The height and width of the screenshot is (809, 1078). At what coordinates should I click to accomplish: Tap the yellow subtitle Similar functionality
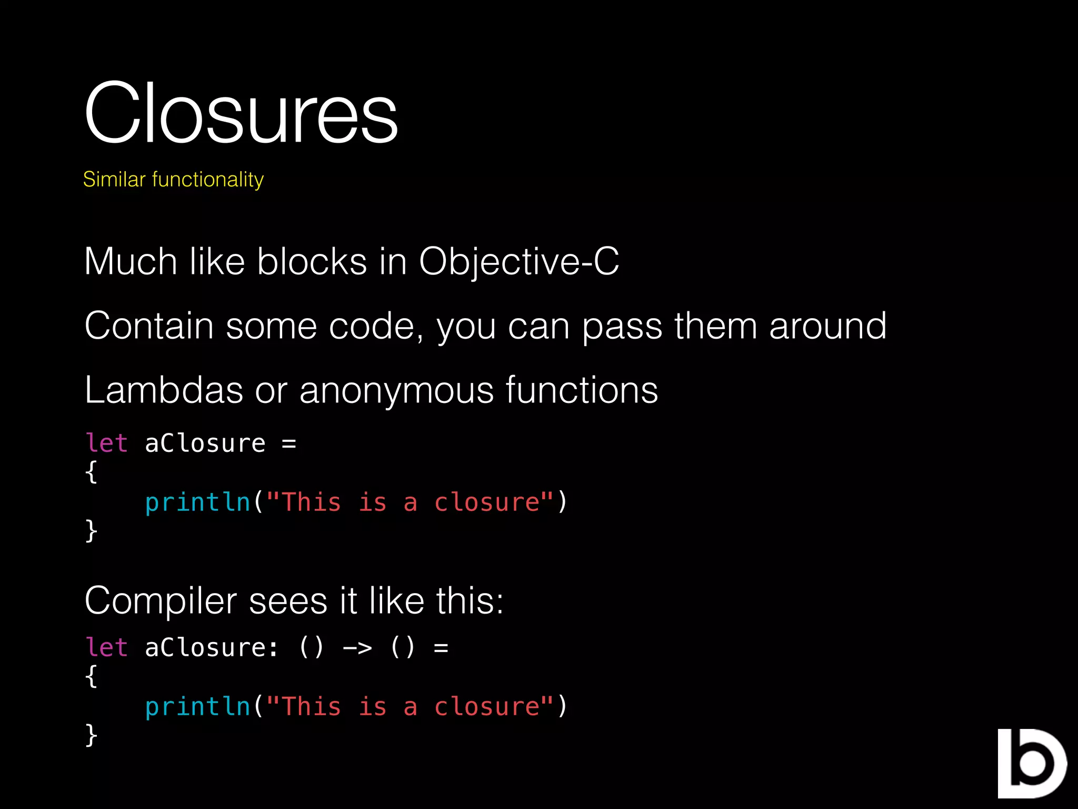tap(173, 180)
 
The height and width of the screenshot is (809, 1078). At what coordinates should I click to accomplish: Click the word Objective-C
tap(518, 261)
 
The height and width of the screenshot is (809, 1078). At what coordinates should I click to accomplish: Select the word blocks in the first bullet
tap(312, 261)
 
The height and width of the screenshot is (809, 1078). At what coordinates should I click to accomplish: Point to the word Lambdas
tap(164, 390)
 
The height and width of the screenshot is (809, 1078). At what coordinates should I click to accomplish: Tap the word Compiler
tap(161, 601)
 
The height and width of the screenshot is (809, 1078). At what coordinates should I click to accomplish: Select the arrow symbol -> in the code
tap(357, 647)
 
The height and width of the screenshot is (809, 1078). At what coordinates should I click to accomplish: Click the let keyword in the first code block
tap(106, 443)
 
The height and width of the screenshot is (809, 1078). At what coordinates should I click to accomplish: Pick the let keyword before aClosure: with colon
tap(106, 647)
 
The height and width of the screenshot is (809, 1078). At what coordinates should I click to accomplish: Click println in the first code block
tap(197, 502)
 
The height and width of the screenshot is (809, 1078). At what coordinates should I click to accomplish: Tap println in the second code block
tap(197, 707)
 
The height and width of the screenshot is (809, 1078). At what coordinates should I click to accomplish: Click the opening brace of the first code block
tap(91, 471)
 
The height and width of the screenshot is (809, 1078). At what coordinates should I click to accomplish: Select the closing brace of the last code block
tap(91, 735)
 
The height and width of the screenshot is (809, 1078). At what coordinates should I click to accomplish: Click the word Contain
tap(149, 326)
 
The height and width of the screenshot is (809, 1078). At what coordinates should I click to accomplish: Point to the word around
tap(827, 326)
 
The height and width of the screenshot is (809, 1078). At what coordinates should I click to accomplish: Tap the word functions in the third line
tap(582, 390)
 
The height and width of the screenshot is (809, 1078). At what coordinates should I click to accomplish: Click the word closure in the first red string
tap(487, 502)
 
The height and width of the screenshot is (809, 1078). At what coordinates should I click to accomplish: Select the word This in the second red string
tap(312, 707)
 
